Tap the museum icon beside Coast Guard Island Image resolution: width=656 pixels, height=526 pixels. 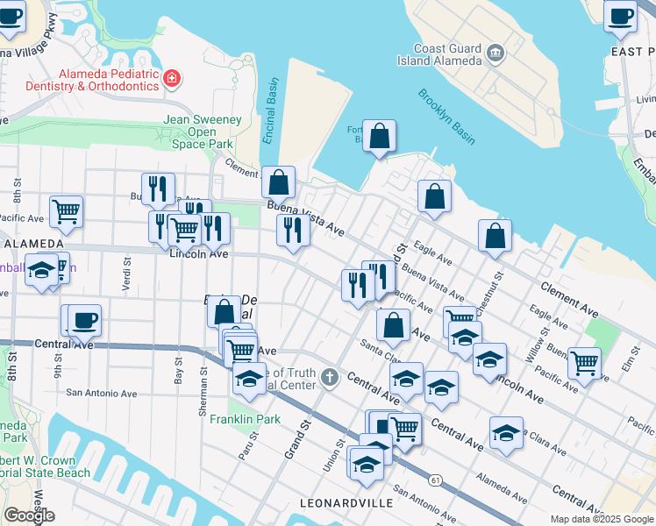[496, 53]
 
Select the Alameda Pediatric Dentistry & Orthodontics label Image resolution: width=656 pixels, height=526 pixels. [109, 80]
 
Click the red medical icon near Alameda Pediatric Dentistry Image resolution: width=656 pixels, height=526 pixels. [172, 80]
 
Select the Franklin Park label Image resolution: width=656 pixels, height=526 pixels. [245, 419]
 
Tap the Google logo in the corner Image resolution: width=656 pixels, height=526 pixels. [29, 515]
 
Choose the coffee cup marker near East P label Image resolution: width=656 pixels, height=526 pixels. [622, 17]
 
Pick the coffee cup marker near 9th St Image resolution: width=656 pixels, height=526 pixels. [84, 321]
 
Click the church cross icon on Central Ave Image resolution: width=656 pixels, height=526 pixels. [329, 378]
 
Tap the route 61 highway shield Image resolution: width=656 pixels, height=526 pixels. [435, 480]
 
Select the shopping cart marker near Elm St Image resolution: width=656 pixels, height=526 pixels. [584, 362]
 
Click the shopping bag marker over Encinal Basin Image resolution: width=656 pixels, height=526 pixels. [279, 182]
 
